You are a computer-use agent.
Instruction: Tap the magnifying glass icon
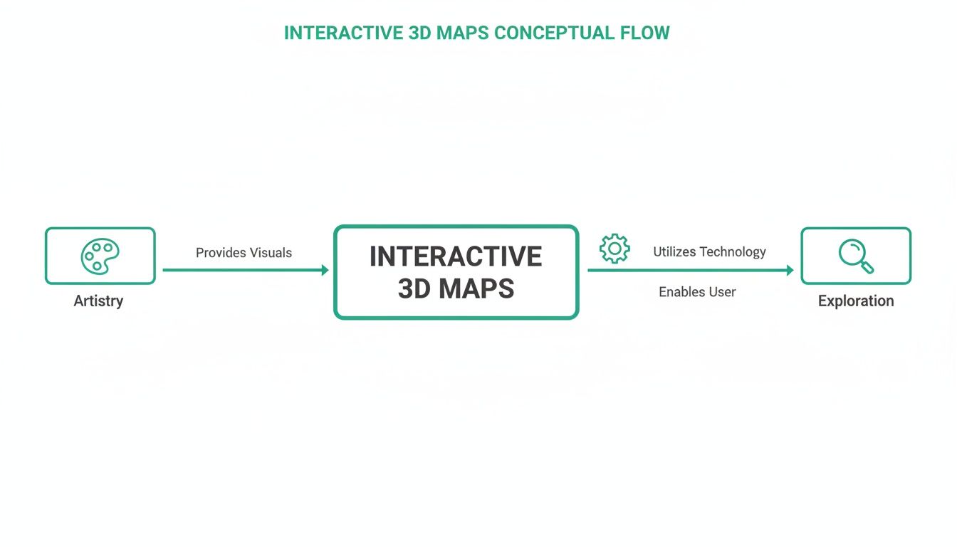(x=856, y=256)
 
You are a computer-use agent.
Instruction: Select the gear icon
(x=615, y=249)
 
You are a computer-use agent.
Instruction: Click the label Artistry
(x=98, y=301)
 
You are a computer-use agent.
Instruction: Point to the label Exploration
(x=856, y=301)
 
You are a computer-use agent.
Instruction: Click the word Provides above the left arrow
(x=220, y=253)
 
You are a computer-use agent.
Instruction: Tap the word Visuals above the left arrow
(x=270, y=253)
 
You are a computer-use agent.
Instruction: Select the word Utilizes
(x=674, y=251)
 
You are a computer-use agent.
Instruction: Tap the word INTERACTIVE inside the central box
(x=456, y=256)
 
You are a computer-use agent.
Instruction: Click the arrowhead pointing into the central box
(x=325, y=270)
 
